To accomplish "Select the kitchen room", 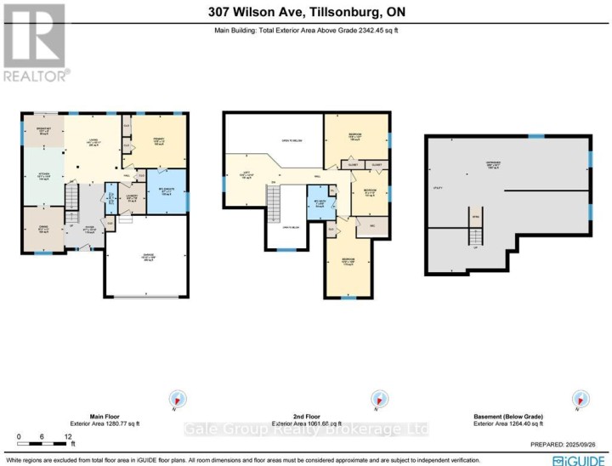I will tap(42, 176).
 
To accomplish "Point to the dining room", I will tap(42, 229).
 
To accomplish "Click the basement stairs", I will tap(475, 225).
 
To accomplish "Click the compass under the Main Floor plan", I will tap(178, 398).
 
